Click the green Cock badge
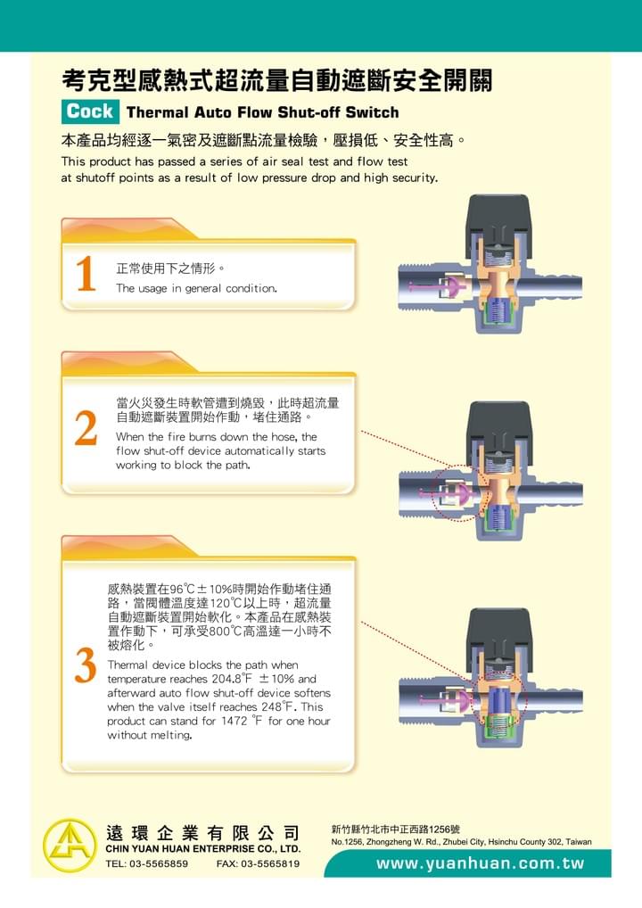[90, 111]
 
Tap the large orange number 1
[86, 273]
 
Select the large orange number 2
[86, 428]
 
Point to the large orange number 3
[85, 665]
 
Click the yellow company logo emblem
[70, 846]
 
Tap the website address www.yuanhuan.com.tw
[480, 863]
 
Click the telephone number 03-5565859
[156, 863]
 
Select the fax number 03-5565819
[269, 863]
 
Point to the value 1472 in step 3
[234, 721]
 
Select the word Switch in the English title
[372, 112]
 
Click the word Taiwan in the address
[579, 842]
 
